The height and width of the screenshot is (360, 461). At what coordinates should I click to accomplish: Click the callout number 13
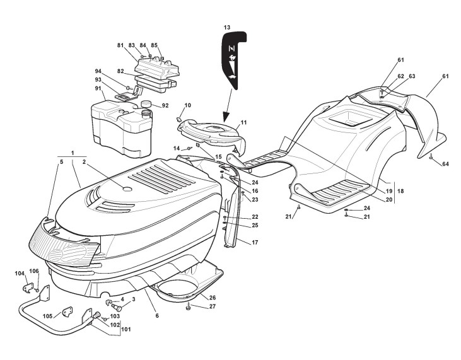(226, 27)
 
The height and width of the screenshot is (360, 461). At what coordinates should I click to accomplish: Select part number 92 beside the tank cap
(165, 105)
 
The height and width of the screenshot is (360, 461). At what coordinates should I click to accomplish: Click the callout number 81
(120, 45)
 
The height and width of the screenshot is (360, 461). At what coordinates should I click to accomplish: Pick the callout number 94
(98, 71)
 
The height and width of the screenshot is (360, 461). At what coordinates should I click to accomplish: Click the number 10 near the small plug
(187, 105)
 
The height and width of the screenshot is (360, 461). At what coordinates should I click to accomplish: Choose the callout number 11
(243, 122)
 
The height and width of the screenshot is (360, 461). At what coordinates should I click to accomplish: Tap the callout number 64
(445, 164)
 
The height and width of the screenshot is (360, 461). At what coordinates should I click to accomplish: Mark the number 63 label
(412, 76)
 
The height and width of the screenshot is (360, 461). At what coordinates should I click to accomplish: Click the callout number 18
(400, 190)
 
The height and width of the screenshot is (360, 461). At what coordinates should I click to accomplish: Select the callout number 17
(255, 242)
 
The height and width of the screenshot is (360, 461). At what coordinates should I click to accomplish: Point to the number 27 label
(212, 306)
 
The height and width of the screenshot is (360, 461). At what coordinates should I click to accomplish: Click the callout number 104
(20, 273)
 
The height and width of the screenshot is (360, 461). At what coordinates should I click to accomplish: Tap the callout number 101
(127, 328)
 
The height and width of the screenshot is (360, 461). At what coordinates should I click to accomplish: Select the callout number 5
(61, 161)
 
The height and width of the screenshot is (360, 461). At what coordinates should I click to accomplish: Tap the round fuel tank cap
(148, 103)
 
